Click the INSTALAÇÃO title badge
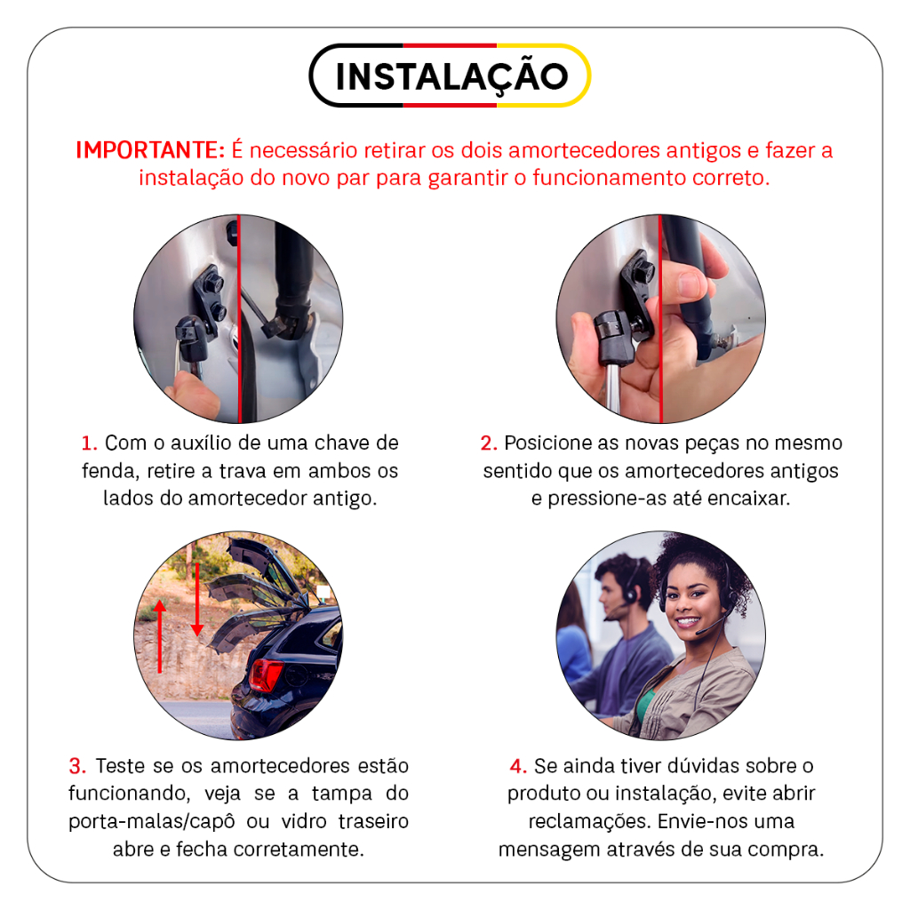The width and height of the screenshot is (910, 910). point(450,76)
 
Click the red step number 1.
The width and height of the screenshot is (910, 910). point(89,443)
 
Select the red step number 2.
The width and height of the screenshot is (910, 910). point(489,443)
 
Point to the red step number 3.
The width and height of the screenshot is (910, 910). point(77,766)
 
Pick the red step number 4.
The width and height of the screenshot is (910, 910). point(518,766)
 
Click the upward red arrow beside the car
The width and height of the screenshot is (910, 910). point(160,636)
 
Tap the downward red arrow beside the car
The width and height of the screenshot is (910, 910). point(197,599)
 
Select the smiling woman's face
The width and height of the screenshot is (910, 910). point(690,603)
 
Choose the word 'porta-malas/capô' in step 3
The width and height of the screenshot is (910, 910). point(151,822)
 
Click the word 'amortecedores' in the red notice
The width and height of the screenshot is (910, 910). point(585,150)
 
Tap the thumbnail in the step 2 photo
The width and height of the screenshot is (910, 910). point(690,284)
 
